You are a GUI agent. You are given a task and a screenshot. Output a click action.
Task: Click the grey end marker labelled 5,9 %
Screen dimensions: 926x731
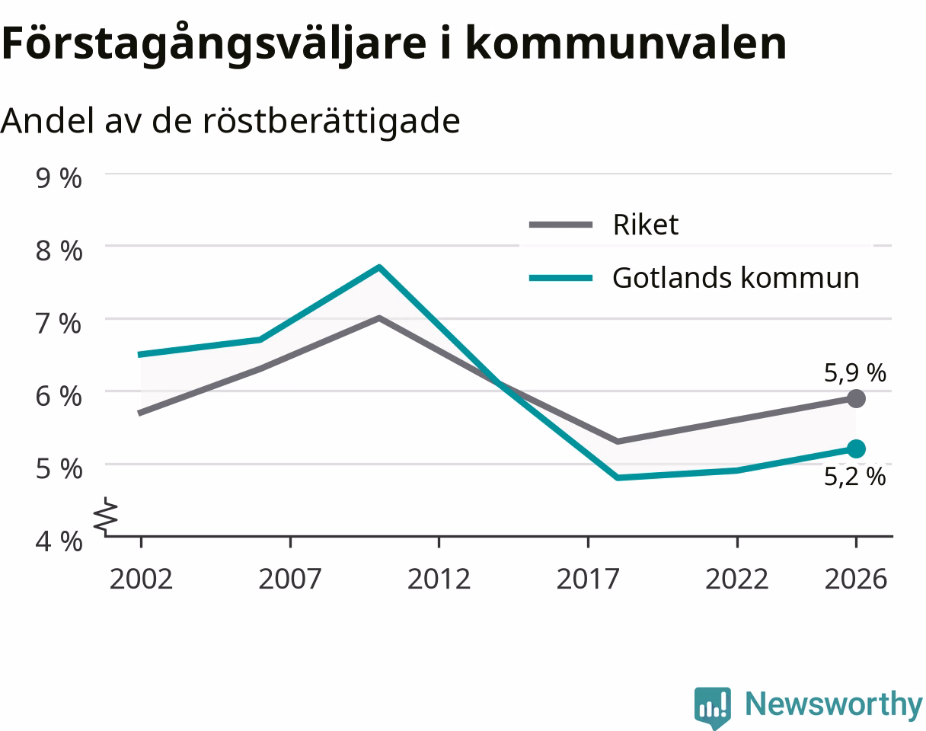856,398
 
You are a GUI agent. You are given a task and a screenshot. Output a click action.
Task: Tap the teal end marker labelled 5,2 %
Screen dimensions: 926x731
856,448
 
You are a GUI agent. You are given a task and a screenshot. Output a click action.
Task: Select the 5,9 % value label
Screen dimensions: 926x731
854,372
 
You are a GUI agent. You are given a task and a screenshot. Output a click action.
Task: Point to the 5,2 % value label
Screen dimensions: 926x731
854,477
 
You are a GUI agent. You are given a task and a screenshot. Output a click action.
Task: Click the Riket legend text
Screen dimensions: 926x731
646,224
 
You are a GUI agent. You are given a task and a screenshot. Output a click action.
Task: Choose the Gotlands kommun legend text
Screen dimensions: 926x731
736,277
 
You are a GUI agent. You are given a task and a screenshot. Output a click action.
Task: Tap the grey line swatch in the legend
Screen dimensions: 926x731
560,225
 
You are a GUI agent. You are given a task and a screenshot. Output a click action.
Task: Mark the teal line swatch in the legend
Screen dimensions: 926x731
560,278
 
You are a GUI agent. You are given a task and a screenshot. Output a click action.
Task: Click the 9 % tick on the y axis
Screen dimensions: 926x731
59,178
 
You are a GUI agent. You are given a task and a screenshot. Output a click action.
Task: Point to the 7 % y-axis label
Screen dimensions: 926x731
59,324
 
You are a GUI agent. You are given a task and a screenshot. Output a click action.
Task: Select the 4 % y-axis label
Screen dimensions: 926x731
59,541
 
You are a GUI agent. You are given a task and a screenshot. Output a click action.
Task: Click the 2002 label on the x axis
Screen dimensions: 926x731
141,579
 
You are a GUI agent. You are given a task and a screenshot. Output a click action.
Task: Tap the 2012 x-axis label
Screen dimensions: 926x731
439,579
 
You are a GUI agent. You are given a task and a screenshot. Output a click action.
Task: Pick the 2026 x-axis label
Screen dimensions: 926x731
856,579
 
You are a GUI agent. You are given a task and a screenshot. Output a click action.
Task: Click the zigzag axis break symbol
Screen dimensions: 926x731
106,516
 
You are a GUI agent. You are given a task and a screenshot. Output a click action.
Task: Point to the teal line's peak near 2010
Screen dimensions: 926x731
379,267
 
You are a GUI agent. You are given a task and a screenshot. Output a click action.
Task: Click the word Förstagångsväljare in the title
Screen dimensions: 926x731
214,44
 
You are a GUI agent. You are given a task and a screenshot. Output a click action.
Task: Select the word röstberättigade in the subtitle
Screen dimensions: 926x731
331,121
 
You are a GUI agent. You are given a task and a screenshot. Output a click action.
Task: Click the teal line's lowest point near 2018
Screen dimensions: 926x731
618,477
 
